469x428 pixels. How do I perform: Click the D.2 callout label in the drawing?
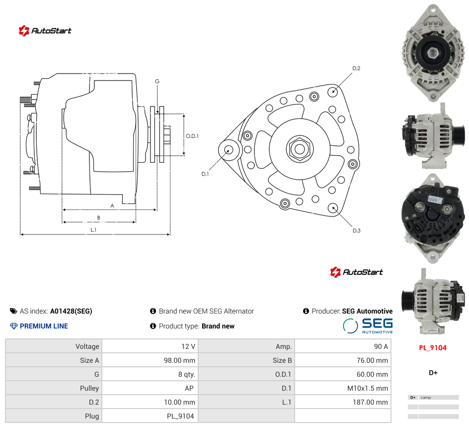pyautogui.click(x=356, y=68)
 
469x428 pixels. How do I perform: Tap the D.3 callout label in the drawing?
pyautogui.click(x=356, y=230)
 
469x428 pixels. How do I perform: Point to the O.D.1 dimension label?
pyautogui.click(x=192, y=136)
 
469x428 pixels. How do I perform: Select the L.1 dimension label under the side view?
pyautogui.click(x=93, y=230)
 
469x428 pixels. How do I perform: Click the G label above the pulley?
pyautogui.click(x=157, y=81)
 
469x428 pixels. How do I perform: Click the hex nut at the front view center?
pyautogui.click(x=300, y=149)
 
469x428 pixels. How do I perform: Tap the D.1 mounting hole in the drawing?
pyautogui.click(x=228, y=150)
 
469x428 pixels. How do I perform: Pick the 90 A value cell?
pyautogui.click(x=343, y=346)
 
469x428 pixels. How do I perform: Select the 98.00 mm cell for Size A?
pyautogui.click(x=150, y=360)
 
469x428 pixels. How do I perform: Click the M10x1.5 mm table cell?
pyautogui.click(x=343, y=388)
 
